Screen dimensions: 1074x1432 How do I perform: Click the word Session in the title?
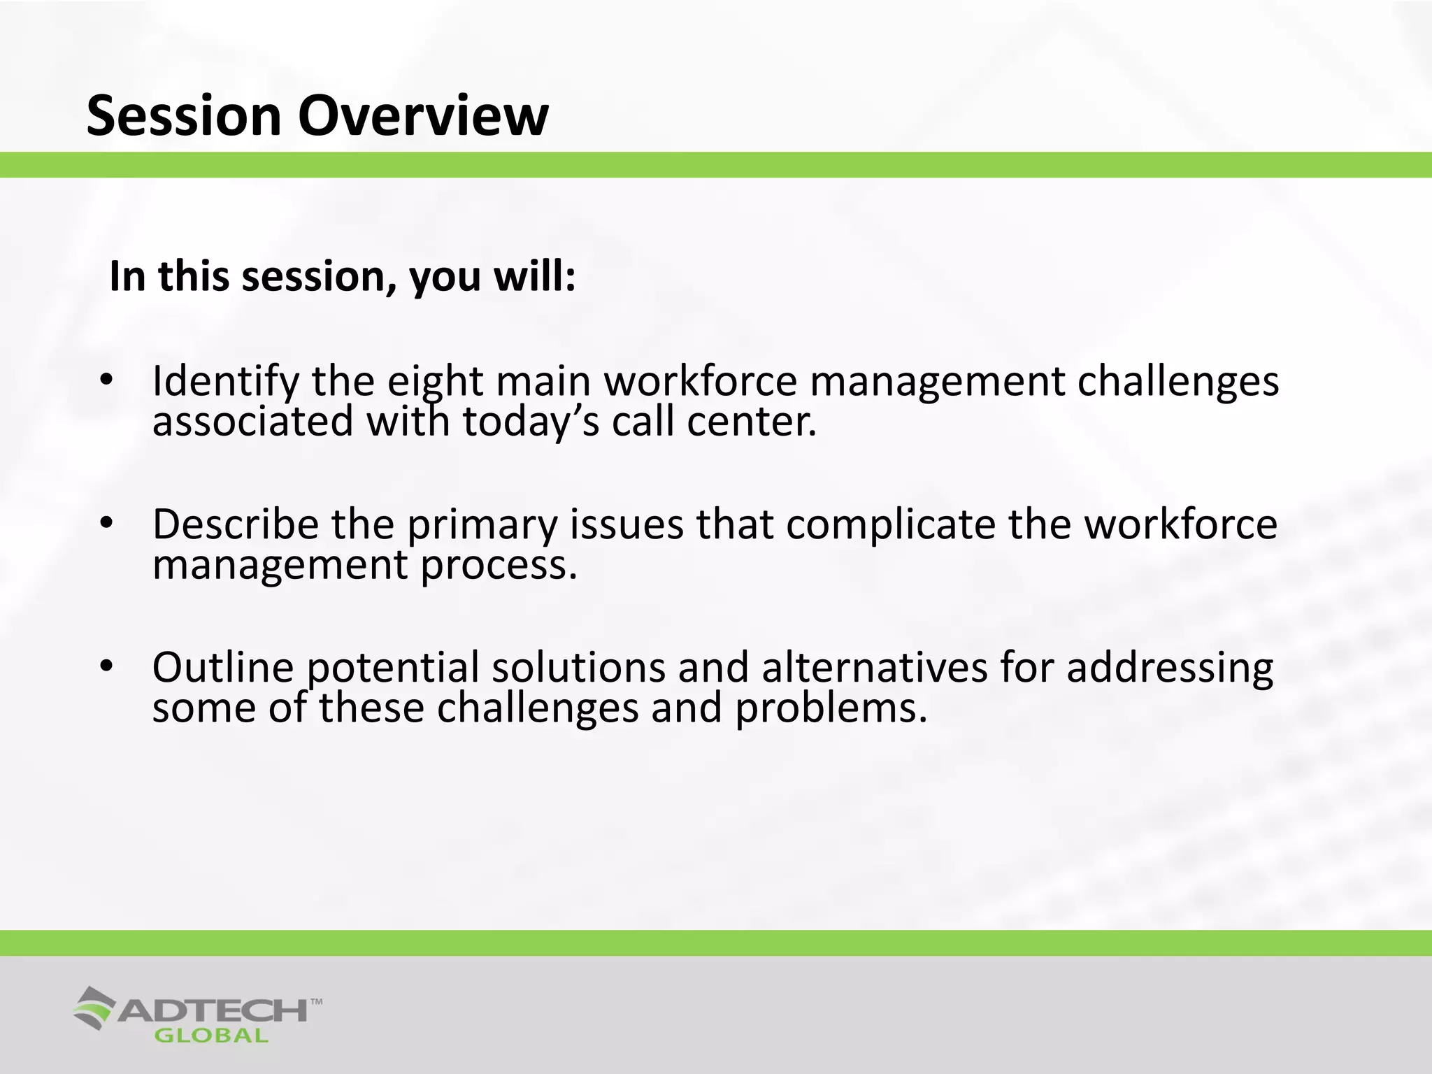coord(184,115)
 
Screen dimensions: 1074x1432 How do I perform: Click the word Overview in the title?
coord(423,115)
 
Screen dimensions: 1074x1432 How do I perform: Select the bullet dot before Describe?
coord(106,523)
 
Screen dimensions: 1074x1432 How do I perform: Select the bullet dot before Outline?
coord(106,666)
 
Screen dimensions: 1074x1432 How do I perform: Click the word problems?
coord(831,708)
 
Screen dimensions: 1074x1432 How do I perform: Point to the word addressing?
coord(1170,668)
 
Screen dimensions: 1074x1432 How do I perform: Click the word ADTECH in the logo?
coord(213,1010)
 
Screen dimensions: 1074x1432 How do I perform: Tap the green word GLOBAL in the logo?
coord(211,1036)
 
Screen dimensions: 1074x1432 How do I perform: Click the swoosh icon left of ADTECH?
coord(94,1008)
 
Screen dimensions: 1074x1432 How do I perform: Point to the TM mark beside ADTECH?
coord(316,1001)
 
